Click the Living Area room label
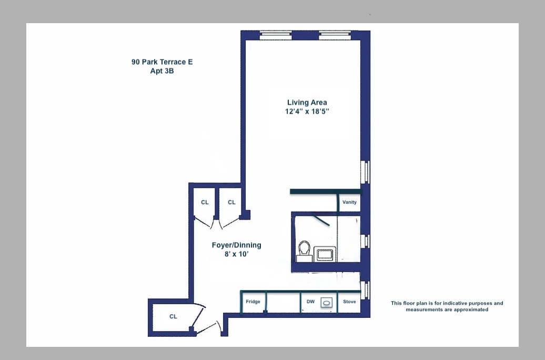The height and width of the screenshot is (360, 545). (x=307, y=103)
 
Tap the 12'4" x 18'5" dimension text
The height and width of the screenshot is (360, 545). (x=307, y=112)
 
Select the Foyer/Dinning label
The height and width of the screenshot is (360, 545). (x=236, y=245)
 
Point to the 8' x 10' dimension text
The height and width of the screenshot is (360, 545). (x=236, y=254)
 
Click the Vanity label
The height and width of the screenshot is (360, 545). (x=349, y=202)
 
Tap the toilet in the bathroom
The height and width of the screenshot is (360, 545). (x=304, y=251)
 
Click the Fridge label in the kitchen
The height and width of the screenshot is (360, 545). (x=253, y=302)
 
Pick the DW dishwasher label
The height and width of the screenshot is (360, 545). (x=310, y=302)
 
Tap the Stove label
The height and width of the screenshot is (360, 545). (x=349, y=302)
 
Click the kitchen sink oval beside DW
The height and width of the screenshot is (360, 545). (x=327, y=303)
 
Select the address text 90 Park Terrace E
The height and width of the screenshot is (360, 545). (x=162, y=62)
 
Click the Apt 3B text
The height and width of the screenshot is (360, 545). (x=162, y=71)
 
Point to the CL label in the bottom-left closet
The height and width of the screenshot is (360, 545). (x=173, y=316)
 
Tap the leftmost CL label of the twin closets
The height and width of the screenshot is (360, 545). (x=205, y=202)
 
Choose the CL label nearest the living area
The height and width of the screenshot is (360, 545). (x=231, y=202)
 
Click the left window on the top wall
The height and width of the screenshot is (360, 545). (x=275, y=35)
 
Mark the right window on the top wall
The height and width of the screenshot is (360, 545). (x=335, y=35)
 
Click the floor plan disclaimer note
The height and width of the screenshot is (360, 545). (x=447, y=306)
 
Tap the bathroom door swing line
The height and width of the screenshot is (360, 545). (x=321, y=220)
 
